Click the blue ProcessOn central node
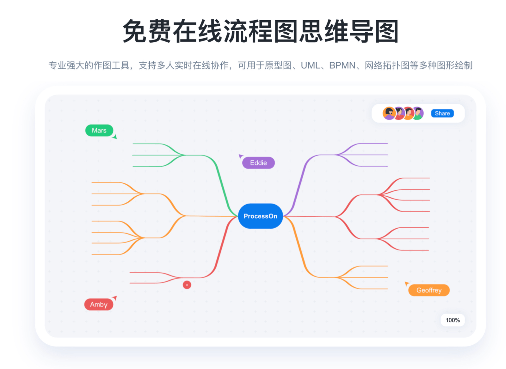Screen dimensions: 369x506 pyautogui.click(x=260, y=216)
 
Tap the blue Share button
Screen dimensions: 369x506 pyautogui.click(x=442, y=114)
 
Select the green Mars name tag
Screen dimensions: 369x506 pyautogui.click(x=99, y=130)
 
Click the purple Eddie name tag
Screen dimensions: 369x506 pyautogui.click(x=258, y=163)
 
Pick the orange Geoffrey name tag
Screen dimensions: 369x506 pyautogui.click(x=429, y=290)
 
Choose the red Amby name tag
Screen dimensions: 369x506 pyautogui.click(x=99, y=304)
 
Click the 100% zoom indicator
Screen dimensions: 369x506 pyautogui.click(x=453, y=320)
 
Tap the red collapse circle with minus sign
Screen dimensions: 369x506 pyautogui.click(x=187, y=285)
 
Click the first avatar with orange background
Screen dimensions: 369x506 pyautogui.click(x=389, y=113)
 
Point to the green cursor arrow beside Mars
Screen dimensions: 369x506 pyautogui.click(x=115, y=137)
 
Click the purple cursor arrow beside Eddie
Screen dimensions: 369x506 pyautogui.click(x=241, y=156)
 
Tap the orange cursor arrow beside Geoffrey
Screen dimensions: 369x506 pyautogui.click(x=407, y=284)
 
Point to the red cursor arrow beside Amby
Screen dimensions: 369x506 pyautogui.click(x=115, y=298)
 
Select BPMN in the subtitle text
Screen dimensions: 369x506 pyautogui.click(x=342, y=65)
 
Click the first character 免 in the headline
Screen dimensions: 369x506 pyautogui.click(x=135, y=31)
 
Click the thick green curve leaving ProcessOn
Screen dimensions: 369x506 pyautogui.click(x=223, y=183)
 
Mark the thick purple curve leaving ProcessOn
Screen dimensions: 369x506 pyautogui.click(x=299, y=183)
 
